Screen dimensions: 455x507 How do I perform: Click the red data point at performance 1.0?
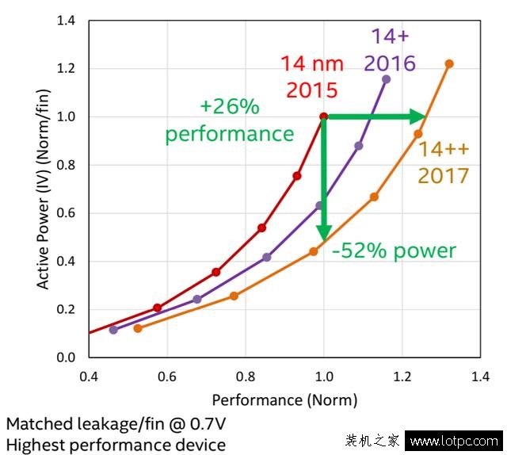pos(323,117)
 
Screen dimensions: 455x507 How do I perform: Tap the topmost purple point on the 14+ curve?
pos(386,79)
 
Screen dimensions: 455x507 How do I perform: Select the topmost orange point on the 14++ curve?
pos(449,63)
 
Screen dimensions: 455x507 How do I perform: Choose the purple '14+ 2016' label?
pos(390,50)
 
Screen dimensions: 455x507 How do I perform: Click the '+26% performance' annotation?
pos(229,121)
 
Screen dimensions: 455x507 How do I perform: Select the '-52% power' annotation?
pos(394,251)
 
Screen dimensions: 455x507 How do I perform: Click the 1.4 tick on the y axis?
pos(66,21)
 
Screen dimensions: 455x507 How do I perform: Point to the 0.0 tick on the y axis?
pos(66,357)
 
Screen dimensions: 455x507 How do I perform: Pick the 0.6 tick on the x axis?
pos(166,376)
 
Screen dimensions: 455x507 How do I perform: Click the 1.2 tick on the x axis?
pos(402,376)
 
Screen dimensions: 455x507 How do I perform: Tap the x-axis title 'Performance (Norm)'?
pos(284,400)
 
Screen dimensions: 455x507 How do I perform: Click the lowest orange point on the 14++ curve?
pos(138,328)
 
